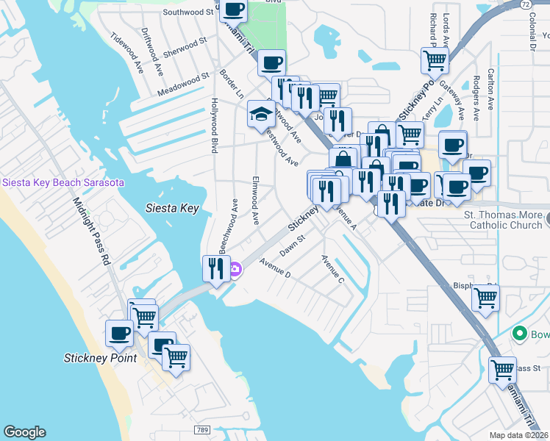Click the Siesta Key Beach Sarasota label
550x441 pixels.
coord(63,182)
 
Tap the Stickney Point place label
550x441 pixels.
coord(100,358)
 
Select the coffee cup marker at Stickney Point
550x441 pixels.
coord(118,333)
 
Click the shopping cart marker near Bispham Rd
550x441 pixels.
coord(485,298)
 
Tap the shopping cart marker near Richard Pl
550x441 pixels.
coord(434,60)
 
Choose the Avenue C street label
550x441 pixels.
coord(332,269)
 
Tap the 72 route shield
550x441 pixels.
coord(525,5)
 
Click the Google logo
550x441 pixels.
coord(24,432)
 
